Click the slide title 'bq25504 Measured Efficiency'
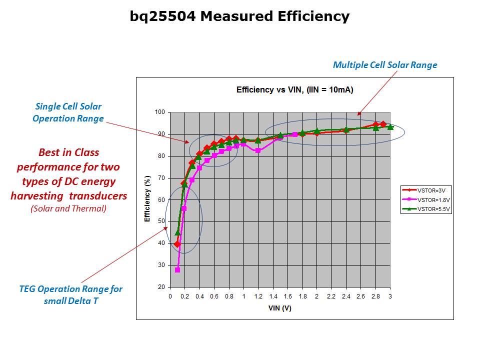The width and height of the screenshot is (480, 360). pos(239,16)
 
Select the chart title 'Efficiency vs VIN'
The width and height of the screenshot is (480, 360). pos(295,90)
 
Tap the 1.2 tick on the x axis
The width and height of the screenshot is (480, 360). pos(258,296)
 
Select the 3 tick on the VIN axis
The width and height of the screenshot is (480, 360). pos(390,296)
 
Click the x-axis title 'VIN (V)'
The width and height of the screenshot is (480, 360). pos(279,308)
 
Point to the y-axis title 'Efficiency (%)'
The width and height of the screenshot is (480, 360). pos(147,199)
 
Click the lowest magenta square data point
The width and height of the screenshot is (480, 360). pos(177,270)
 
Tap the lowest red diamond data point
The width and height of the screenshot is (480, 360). pos(177,244)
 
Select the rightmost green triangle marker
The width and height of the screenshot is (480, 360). pos(390,127)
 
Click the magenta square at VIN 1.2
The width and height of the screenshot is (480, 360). pos(258,150)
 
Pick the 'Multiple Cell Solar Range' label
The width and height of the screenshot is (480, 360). pos(385,65)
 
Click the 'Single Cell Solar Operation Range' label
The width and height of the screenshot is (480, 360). pos(68,112)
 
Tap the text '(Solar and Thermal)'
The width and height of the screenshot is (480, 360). pos(68,208)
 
